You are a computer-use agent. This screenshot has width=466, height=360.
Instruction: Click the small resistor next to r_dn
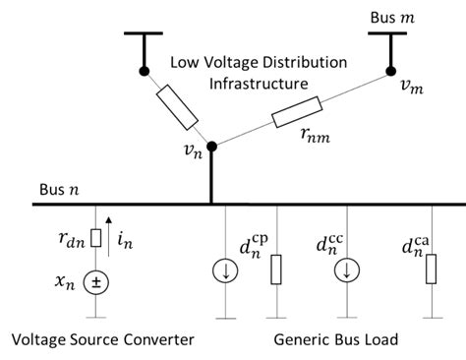94,237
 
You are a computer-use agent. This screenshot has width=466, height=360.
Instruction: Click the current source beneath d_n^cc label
346,270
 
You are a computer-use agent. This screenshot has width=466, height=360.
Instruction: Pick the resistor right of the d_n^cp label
277,269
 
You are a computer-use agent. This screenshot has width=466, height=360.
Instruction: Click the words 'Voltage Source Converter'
102,339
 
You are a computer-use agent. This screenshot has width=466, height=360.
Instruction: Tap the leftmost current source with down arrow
227,270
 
